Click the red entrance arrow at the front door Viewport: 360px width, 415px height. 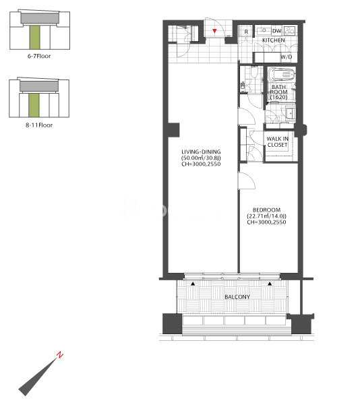(214, 31)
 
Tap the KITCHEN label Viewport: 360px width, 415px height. (274, 40)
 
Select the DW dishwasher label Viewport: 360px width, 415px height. (276, 31)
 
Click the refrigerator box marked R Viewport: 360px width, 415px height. (246, 32)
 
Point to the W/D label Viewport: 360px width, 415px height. (286, 57)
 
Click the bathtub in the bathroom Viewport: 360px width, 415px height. (281, 75)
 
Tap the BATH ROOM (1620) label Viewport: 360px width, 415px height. (278, 92)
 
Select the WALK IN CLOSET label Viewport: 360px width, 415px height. (277, 141)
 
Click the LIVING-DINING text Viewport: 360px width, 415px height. (201, 152)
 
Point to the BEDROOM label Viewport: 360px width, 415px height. (266, 210)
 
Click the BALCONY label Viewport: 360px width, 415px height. (237, 297)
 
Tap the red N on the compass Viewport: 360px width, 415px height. (60, 354)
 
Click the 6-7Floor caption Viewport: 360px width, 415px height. (39, 56)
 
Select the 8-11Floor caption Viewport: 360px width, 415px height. (39, 125)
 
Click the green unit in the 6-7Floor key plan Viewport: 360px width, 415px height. (34, 37)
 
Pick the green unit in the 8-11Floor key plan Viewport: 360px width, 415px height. (34, 105)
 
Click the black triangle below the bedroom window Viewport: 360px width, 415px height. (270, 284)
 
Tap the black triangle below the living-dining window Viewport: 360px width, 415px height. (193, 284)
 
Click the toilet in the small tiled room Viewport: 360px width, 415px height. (254, 71)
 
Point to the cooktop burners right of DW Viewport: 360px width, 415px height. (289, 31)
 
